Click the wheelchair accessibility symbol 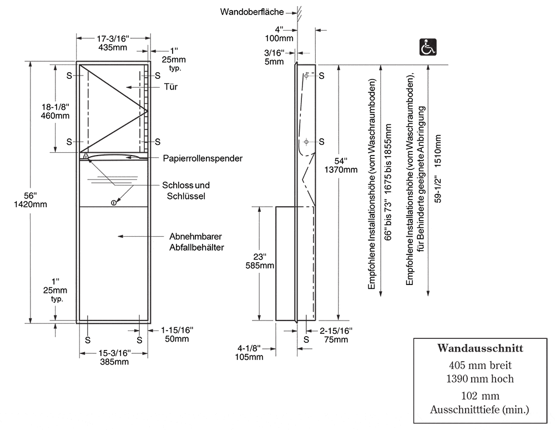pyautogui.click(x=428, y=47)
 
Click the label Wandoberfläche pyautogui.click(x=251, y=12)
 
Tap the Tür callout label pyautogui.click(x=170, y=87)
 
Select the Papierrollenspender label pyautogui.click(x=203, y=158)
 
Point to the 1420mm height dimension pyautogui.click(x=30, y=204)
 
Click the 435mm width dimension pyautogui.click(x=113, y=47)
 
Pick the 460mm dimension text pyautogui.click(x=55, y=116)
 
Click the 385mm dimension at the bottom pyautogui.click(x=114, y=362)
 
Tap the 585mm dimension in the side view pyautogui.click(x=260, y=266)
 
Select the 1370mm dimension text pyautogui.click(x=341, y=169)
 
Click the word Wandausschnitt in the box pyautogui.click(x=480, y=348)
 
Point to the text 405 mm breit pyautogui.click(x=480, y=365)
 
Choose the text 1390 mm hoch pyautogui.click(x=480, y=379)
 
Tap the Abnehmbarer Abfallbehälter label pyautogui.click(x=196, y=242)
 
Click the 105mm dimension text pyautogui.click(x=249, y=357)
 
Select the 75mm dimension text pyautogui.click(x=336, y=339)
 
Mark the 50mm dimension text pyautogui.click(x=176, y=339)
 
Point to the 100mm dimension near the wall pyautogui.click(x=279, y=38)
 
